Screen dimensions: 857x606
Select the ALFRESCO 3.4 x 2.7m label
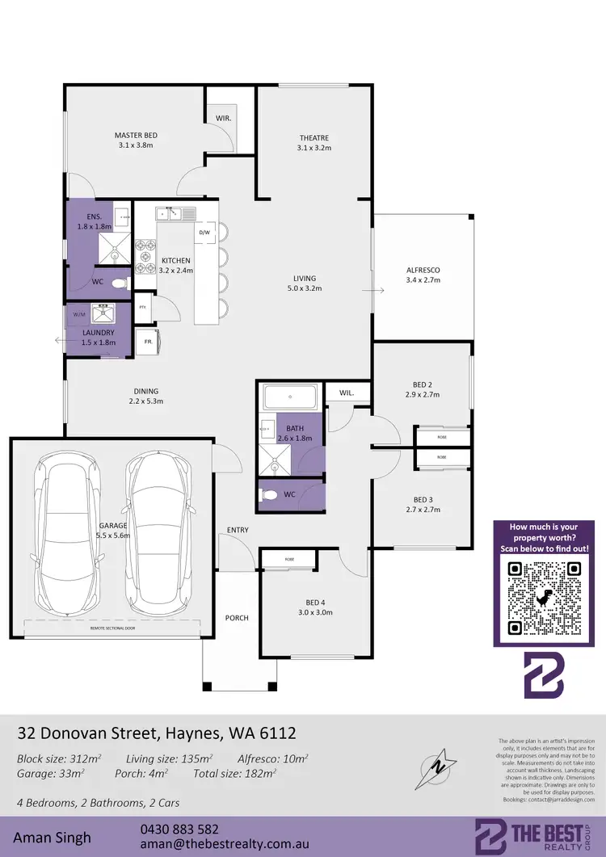(x=423, y=275)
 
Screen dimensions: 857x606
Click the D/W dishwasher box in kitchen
(x=204, y=233)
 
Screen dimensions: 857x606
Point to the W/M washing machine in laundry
(x=79, y=314)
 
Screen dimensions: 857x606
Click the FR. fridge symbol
(x=147, y=341)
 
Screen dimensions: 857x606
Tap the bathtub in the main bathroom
(x=290, y=397)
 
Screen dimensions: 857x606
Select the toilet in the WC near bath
(x=272, y=494)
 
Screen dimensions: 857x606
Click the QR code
(x=542, y=598)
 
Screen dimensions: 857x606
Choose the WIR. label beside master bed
(x=224, y=118)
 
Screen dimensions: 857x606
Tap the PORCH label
(x=237, y=618)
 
